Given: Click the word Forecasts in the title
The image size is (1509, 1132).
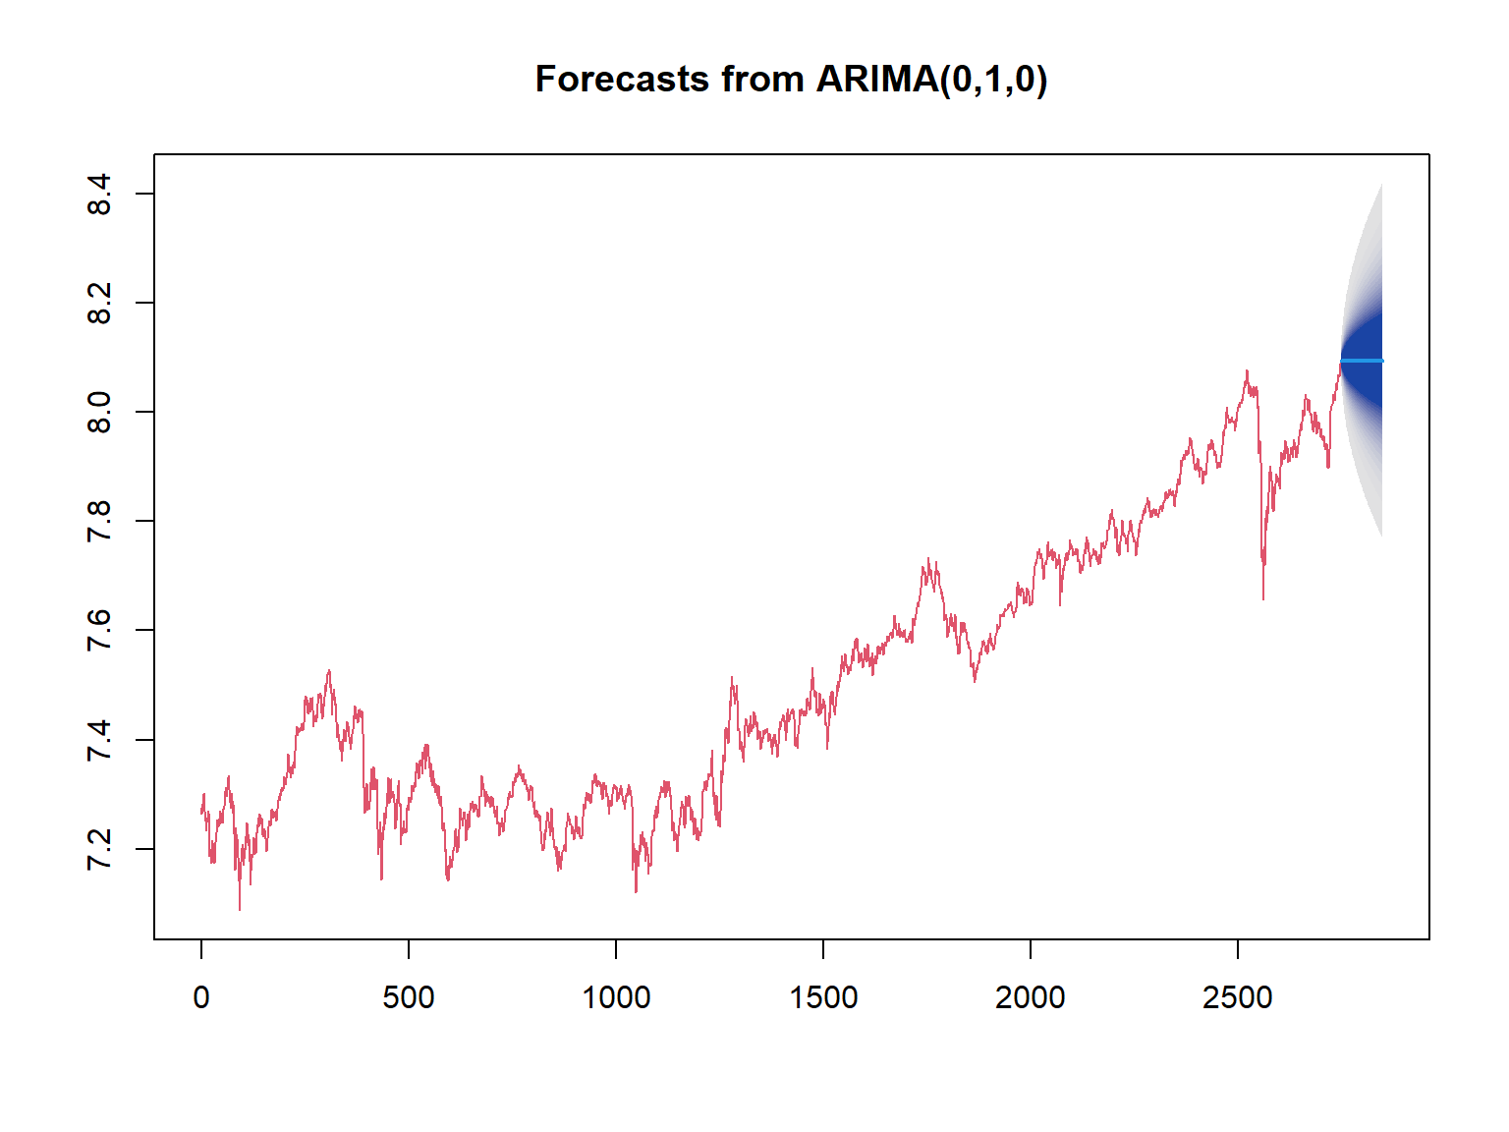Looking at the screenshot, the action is point(622,79).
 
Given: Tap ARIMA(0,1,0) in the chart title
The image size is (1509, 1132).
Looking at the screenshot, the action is point(930,80).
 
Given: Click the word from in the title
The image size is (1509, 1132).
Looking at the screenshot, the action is point(761,79).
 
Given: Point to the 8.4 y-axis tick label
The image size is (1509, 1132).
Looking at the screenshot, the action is point(99,194).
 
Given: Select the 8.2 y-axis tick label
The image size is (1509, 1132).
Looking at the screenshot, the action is point(99,303).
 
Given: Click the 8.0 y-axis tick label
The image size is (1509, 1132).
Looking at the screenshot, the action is point(99,412).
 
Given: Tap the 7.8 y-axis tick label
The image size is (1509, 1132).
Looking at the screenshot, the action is point(99,521).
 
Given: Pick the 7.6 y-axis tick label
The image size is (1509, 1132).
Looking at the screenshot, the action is point(99,630).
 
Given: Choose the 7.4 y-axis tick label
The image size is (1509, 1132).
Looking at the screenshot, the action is point(99,740).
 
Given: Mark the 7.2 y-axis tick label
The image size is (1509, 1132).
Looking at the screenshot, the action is point(99,849).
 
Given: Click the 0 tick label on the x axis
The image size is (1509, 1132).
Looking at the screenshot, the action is point(200,997).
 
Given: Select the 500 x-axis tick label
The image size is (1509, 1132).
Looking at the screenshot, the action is point(409,997).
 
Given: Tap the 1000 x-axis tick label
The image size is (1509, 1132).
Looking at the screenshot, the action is point(616,997).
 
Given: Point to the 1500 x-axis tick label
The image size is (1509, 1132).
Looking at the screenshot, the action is point(823,997).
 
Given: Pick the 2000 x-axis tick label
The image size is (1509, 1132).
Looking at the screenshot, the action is point(1030,997).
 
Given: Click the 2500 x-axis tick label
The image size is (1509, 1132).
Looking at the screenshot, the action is point(1238,997).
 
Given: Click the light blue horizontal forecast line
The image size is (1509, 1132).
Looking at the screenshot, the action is point(1362,361).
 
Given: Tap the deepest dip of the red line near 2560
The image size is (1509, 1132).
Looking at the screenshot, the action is point(1262,598).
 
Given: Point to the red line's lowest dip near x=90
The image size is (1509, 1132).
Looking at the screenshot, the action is point(240,909).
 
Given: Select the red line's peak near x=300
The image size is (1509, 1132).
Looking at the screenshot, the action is point(329,671).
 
